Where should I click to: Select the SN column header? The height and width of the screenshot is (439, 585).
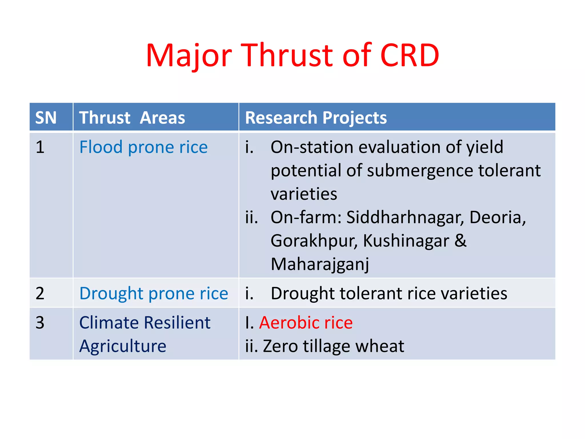coord(46,117)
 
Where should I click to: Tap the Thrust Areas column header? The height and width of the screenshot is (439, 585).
coord(132,117)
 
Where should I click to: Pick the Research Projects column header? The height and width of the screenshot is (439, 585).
coord(316,117)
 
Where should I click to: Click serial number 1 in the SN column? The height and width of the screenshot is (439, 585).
coord(40,147)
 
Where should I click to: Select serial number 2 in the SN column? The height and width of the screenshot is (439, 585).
coord(40,293)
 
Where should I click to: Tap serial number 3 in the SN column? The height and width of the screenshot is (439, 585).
coord(40,323)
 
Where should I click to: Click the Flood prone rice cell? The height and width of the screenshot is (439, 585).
coord(143,147)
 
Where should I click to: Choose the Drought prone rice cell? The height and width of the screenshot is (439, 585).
coord(154,294)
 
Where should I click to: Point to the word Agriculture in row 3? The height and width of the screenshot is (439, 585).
coord(123,346)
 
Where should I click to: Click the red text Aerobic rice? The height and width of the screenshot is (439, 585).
coord(306,323)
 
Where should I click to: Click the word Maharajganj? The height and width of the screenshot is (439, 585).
coord(320,264)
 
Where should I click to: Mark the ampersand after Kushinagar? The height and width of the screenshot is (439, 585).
coord(460,240)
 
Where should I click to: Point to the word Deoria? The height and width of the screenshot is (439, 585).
coord(497,217)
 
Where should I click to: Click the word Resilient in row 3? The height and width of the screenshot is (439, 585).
coord(177,323)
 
